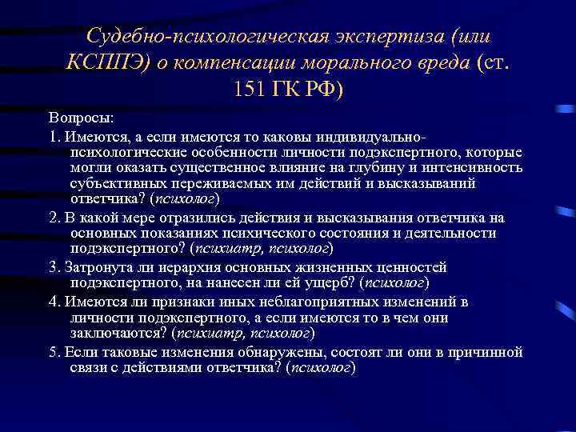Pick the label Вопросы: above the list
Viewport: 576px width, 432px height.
tap(81, 117)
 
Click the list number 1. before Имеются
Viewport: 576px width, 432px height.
tap(54, 134)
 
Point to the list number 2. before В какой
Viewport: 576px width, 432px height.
tap(54, 218)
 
